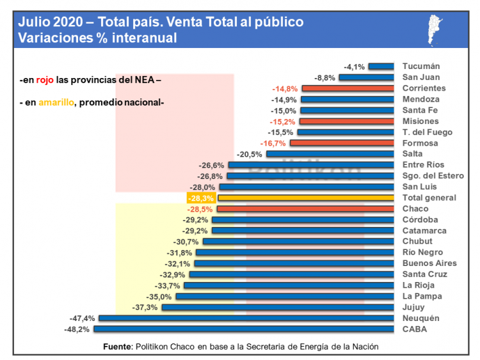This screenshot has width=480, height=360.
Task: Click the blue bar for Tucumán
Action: click(381, 66)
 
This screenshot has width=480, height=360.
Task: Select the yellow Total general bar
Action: click(306, 198)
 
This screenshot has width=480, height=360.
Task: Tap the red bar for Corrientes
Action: click(347, 88)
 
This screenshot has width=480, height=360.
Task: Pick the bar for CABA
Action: click(243, 329)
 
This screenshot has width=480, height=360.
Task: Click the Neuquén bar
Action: click(246, 318)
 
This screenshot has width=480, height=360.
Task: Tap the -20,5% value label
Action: click(250, 154)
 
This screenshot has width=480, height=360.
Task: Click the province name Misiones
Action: click(420, 121)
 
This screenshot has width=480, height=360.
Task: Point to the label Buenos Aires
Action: click(429, 263)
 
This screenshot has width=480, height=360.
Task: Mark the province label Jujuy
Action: click(414, 307)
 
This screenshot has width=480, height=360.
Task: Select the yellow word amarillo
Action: click(56, 102)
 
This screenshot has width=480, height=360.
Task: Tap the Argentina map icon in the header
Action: click(438, 29)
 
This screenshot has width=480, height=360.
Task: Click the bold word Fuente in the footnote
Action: click(117, 347)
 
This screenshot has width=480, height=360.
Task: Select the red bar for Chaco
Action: click(305, 209)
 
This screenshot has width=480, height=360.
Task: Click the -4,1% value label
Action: click(354, 67)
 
